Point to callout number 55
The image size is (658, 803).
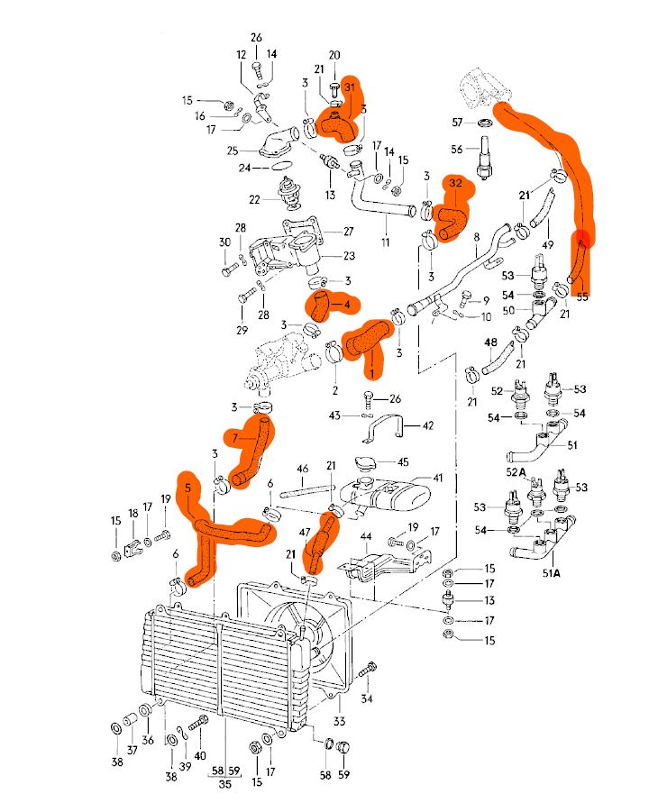pos(581,295)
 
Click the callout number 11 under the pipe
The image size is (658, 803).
pos(385,242)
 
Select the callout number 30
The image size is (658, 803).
pos(224,242)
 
